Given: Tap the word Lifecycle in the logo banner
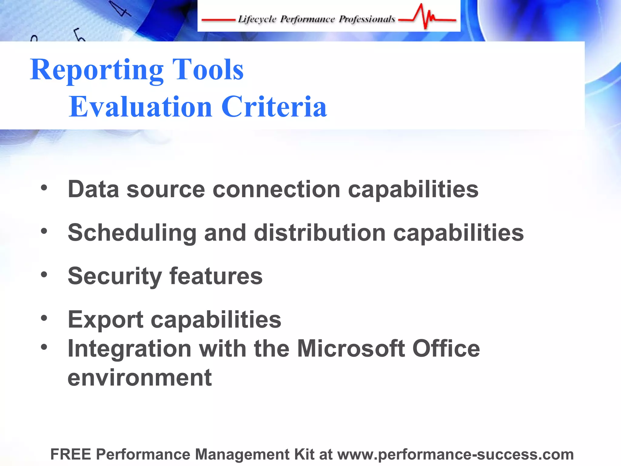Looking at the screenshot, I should [257, 19].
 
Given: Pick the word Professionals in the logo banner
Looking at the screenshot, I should [367, 19].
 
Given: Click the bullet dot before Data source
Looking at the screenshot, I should [44, 188].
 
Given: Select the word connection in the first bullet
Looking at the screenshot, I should [277, 189].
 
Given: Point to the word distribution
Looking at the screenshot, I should [320, 233].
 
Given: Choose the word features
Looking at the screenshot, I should [216, 276].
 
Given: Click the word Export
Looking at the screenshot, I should [106, 320].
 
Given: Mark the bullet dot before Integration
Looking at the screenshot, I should [44, 347].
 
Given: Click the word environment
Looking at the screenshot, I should [139, 378].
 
